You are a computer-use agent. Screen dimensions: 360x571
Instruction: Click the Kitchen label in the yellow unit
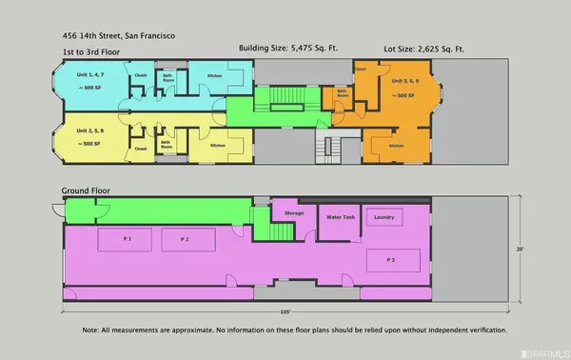(217, 146)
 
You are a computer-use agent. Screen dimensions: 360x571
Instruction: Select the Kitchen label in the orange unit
(395, 146)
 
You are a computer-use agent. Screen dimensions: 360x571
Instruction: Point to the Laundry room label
(384, 216)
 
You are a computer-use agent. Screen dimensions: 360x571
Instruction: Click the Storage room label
(293, 213)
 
